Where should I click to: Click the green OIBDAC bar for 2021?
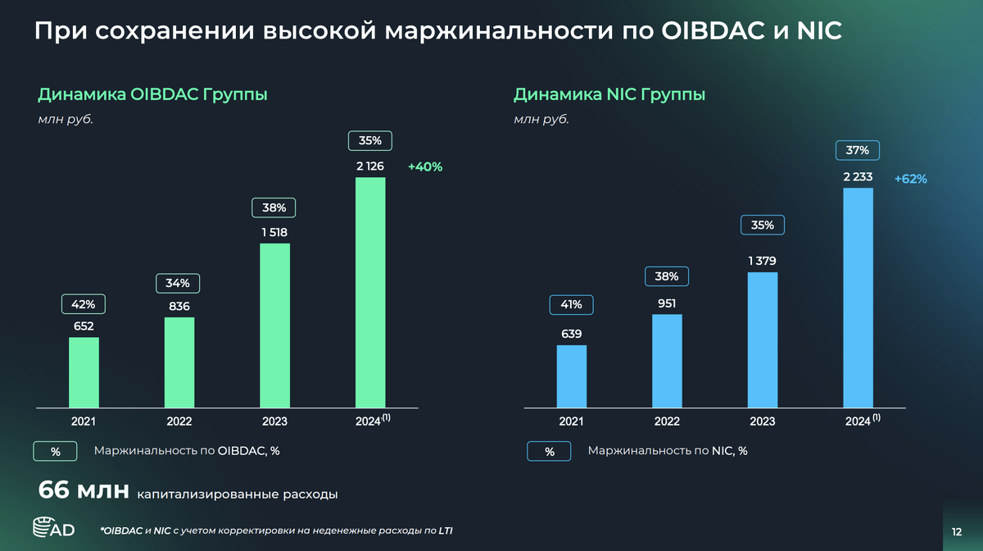(84, 371)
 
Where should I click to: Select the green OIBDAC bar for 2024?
(370, 292)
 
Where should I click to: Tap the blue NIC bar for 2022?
(667, 360)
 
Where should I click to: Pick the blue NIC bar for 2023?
(762, 339)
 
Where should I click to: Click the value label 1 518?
(274, 232)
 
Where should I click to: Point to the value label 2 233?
(858, 176)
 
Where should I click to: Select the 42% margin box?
(84, 304)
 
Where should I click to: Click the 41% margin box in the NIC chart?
(571, 304)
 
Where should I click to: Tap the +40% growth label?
(424, 166)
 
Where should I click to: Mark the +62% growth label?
(910, 178)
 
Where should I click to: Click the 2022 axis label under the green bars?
(179, 421)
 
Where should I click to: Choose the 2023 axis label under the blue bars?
(762, 421)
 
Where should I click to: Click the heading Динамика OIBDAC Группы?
(152, 94)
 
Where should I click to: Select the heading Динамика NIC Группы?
(609, 94)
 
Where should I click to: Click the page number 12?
(956, 531)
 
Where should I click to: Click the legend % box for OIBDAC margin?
(55, 451)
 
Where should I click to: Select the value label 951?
(667, 303)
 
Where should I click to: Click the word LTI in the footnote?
(444, 531)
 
